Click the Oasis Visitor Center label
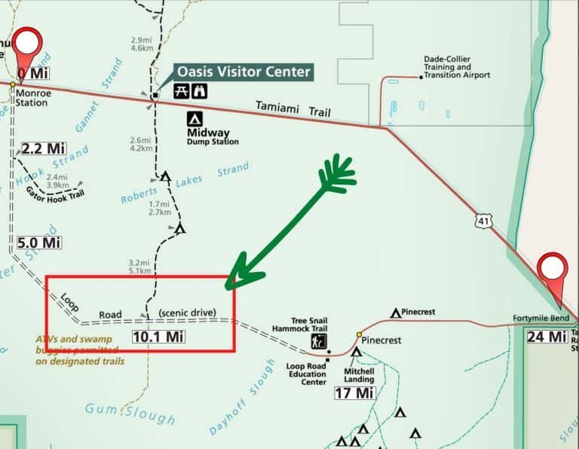click(244, 72)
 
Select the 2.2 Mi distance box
click(43, 148)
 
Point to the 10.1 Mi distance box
click(158, 336)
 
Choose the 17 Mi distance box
click(354, 393)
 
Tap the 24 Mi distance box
click(547, 336)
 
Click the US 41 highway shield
click(483, 220)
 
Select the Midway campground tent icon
click(195, 119)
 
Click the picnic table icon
click(181, 91)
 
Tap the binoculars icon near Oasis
click(201, 91)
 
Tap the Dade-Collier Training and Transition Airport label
click(458, 71)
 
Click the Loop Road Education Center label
click(305, 374)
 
